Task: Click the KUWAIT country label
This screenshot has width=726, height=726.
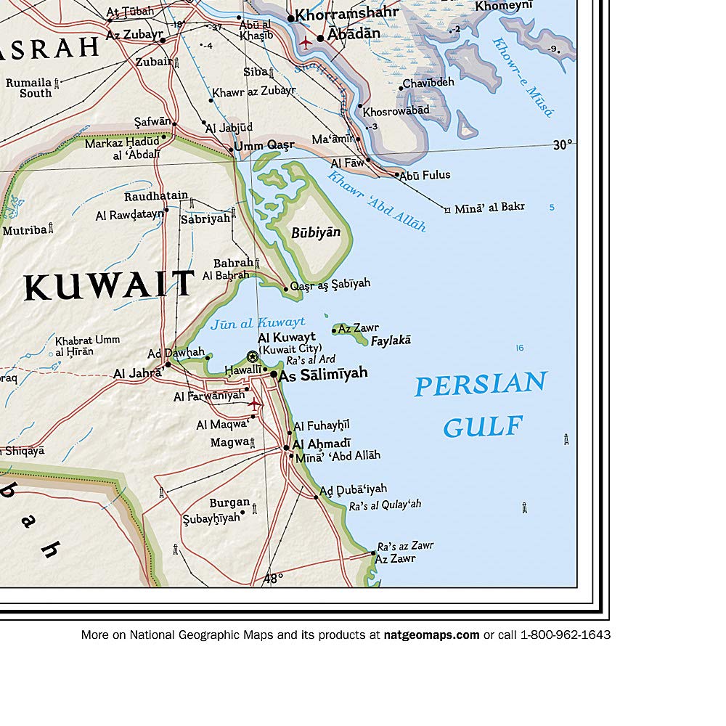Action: [109, 285]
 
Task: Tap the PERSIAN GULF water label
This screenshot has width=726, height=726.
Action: [481, 404]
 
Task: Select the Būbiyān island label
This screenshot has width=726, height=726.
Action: [315, 232]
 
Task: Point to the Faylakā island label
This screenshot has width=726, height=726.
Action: [391, 340]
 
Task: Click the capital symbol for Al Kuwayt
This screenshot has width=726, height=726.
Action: [252, 356]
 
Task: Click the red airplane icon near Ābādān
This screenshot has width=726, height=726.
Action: [305, 42]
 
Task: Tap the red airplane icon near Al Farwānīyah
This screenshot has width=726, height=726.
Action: [254, 402]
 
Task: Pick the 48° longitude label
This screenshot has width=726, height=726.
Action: [273, 578]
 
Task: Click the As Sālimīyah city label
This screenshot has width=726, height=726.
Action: [323, 373]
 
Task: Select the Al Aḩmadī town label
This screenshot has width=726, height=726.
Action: [322, 444]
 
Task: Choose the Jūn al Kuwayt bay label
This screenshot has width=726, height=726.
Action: [258, 323]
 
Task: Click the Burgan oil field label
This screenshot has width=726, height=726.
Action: [229, 502]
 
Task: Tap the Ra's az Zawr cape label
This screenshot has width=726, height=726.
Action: [406, 546]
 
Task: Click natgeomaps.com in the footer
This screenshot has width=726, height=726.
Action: [431, 635]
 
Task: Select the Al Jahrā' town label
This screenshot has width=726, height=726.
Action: [137, 374]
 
